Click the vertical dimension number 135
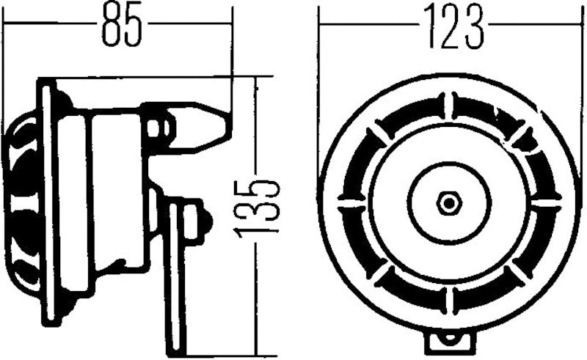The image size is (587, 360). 258,205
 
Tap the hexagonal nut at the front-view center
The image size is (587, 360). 448,202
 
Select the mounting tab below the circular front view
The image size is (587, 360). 449,339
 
